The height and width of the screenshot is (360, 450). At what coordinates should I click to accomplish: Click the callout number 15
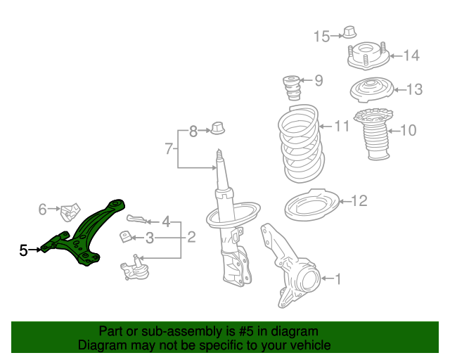[322, 37]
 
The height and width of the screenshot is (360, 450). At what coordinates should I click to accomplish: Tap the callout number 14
[411, 56]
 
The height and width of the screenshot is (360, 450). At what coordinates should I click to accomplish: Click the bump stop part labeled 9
[292, 88]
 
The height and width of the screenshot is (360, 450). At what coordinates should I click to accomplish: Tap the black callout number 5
[23, 250]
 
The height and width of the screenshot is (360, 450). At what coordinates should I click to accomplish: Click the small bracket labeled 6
[70, 212]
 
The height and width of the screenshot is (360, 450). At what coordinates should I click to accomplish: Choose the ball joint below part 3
[134, 268]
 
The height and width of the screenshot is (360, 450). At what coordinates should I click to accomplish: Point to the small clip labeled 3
[125, 236]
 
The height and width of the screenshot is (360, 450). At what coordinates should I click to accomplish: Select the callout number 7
[169, 148]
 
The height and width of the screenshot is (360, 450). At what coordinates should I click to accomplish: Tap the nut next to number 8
[217, 128]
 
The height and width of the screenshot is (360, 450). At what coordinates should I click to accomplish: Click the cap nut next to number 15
[350, 32]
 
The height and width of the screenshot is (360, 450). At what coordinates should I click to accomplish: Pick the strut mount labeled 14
[368, 56]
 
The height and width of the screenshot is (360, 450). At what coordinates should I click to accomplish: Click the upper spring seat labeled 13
[372, 89]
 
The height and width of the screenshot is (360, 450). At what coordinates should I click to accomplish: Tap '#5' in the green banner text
[246, 331]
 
